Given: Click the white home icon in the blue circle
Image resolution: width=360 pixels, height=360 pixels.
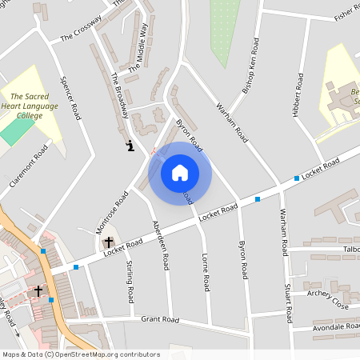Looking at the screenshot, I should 180,172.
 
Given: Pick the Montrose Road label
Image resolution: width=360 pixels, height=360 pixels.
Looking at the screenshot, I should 112,212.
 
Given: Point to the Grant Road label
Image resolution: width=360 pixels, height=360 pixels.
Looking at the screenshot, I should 160,319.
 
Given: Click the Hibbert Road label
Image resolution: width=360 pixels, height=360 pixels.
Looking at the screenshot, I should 298,94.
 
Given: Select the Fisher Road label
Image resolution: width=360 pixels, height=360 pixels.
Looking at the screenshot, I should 350,10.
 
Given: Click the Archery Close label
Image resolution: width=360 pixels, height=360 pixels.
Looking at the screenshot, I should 328,299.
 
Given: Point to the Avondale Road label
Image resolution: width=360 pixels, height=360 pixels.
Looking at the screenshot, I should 336,326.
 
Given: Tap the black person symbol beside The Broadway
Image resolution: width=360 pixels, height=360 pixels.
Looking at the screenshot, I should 130,146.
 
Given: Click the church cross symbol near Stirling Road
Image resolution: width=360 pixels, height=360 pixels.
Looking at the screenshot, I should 109,242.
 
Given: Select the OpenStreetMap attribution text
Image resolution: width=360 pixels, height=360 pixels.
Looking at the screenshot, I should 80,354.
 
